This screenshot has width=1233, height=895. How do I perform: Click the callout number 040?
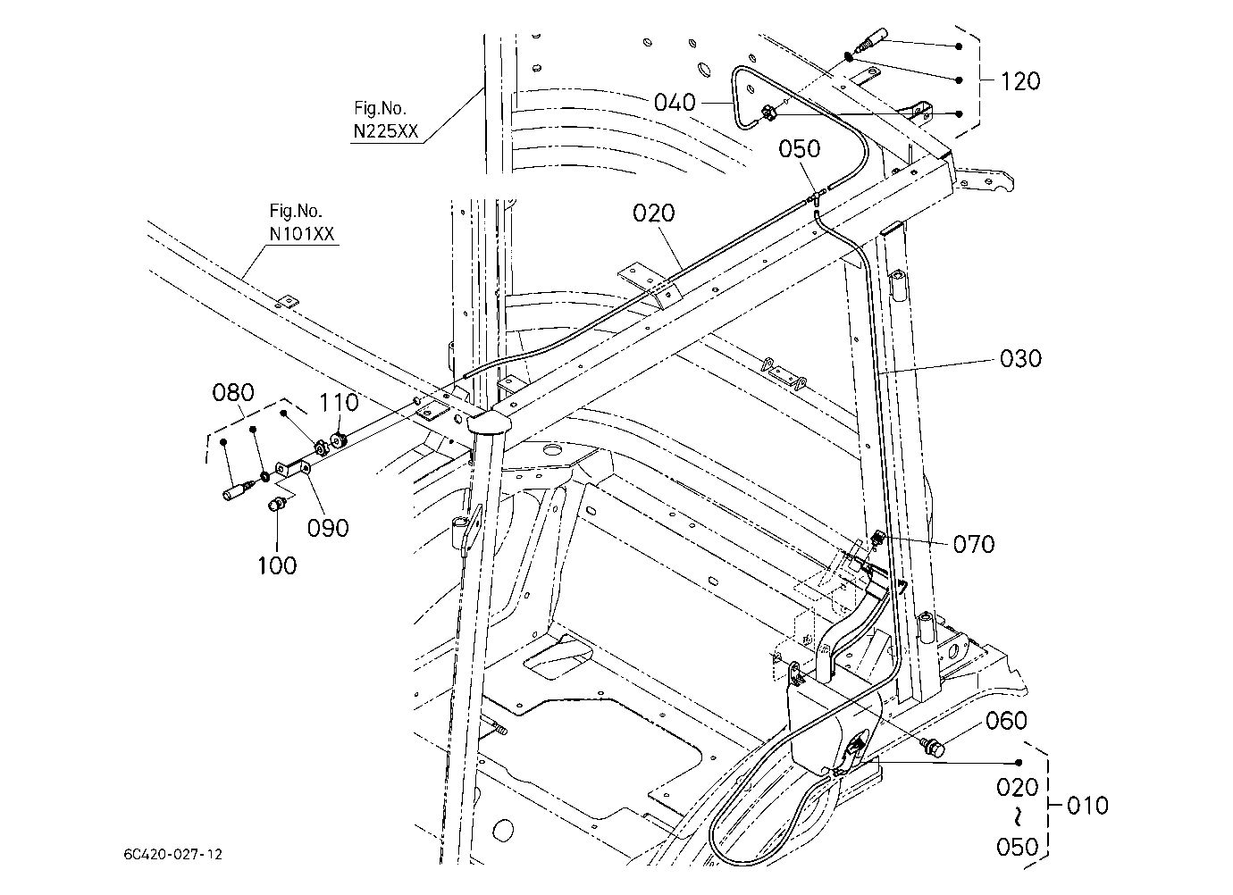(x=675, y=103)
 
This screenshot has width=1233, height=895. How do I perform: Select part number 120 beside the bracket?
(x=1020, y=81)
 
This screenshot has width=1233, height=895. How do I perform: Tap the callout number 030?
(x=1020, y=358)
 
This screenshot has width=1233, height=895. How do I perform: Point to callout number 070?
(x=974, y=544)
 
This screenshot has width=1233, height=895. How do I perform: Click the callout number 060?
(x=1006, y=721)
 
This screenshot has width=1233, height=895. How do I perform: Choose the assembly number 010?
(x=1087, y=806)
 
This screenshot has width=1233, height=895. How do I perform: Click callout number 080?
(x=233, y=392)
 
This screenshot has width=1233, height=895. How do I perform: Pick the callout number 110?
(x=340, y=402)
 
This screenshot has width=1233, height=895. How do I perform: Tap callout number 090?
(x=328, y=528)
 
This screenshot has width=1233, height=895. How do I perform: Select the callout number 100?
(x=277, y=565)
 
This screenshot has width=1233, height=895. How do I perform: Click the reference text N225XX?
(x=385, y=131)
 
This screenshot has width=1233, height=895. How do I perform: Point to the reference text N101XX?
(x=302, y=234)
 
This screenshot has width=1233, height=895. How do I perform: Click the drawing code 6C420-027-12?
(x=172, y=854)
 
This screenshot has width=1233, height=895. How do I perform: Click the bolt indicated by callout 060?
(x=933, y=748)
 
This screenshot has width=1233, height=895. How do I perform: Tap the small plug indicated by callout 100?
(x=276, y=503)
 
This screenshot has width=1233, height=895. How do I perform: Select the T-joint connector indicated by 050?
(x=815, y=197)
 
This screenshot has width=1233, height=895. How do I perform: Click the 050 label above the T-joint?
(x=800, y=148)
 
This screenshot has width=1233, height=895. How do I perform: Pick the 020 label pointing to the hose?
(x=653, y=213)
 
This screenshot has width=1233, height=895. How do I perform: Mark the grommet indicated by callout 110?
(x=337, y=439)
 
